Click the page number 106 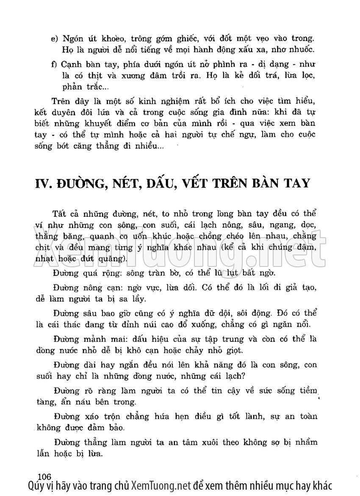tap(44, 474)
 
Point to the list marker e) tap(54, 39)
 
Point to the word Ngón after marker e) tap(74, 39)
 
